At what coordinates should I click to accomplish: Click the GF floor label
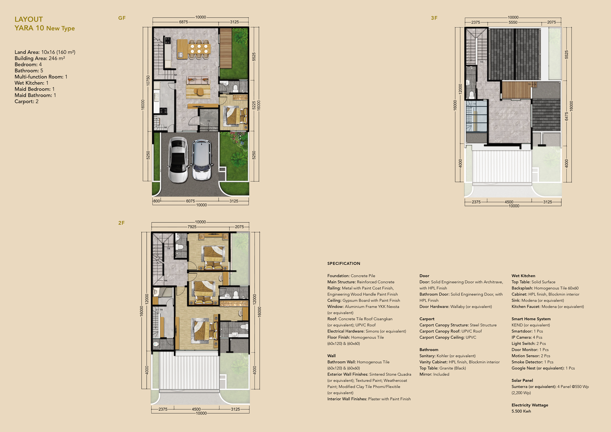point(122,18)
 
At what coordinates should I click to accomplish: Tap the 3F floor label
point(434,18)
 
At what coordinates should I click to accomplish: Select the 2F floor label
point(121,223)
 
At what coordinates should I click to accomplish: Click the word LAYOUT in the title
point(29,19)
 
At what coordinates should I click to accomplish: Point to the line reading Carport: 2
point(27,101)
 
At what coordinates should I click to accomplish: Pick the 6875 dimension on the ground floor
point(183,22)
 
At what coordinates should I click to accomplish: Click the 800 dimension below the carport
point(157,201)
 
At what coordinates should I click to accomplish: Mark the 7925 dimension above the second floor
point(192,227)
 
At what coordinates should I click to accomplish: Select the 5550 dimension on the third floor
point(513,22)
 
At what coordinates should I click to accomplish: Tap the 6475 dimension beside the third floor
point(566,116)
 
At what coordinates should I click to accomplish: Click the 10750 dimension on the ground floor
point(148,81)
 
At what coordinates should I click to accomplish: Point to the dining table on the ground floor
point(199,49)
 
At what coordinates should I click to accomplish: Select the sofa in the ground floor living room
point(198,80)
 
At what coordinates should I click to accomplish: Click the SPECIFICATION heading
point(344,263)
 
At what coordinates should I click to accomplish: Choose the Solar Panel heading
point(522,380)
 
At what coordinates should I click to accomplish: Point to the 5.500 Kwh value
point(521,411)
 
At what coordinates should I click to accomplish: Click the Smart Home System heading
point(531,319)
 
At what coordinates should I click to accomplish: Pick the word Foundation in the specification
point(338,276)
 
